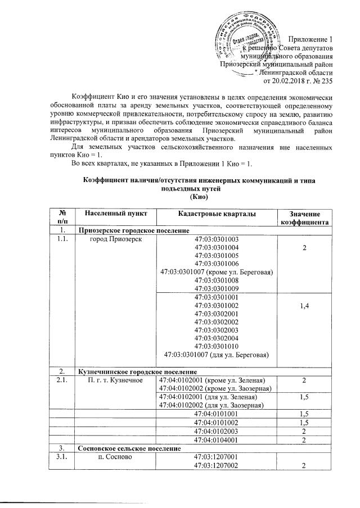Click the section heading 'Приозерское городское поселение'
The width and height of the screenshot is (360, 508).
coord(130,230)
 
